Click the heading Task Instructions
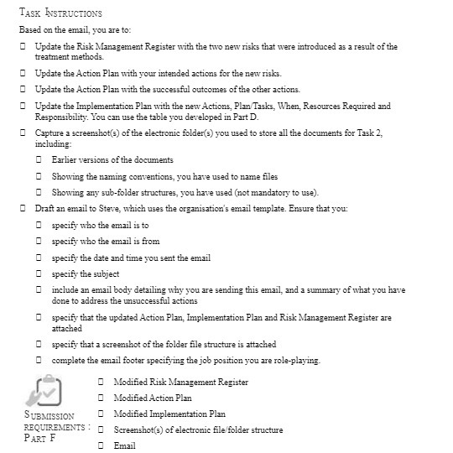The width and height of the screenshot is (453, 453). click(x=60, y=13)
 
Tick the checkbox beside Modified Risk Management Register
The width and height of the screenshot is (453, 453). click(x=101, y=383)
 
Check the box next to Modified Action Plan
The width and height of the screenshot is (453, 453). click(x=101, y=398)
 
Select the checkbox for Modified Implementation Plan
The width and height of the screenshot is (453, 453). click(x=101, y=414)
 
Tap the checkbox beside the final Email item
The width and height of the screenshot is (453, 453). click(x=101, y=446)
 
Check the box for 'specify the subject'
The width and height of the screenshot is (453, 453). click(x=39, y=274)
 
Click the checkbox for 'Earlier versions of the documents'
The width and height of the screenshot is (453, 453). click(x=39, y=160)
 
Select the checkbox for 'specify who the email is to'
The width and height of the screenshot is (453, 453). click(x=39, y=226)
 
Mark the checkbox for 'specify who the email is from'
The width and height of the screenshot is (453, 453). click(x=39, y=242)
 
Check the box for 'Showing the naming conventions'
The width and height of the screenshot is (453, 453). click(x=39, y=176)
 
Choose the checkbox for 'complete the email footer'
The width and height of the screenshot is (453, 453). click(x=39, y=361)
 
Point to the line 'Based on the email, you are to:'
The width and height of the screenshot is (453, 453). click(x=75, y=29)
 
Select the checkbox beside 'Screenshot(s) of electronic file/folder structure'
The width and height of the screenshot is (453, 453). click(x=101, y=430)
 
